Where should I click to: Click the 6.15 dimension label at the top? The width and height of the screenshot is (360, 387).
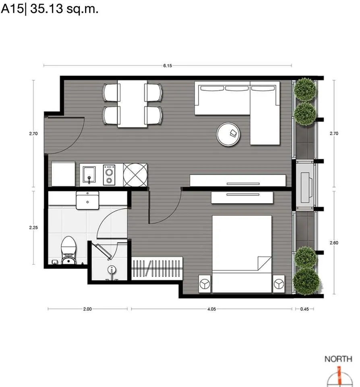point(168,66)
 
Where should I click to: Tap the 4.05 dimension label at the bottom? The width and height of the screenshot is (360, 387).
point(211,309)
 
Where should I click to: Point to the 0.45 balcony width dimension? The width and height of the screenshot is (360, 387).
point(304,309)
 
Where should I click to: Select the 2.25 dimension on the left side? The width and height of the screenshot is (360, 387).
point(33,227)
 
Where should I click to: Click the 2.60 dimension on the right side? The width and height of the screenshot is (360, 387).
point(334,243)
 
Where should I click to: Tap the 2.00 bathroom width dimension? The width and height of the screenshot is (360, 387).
point(87,309)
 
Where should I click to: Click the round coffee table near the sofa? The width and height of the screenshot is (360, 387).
point(228,134)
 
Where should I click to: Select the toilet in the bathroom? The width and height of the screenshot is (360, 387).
point(68,250)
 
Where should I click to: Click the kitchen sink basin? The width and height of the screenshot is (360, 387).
point(89,175)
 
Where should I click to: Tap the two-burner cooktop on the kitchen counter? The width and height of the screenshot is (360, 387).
point(109,175)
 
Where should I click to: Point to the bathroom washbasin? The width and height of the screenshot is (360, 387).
point(87,200)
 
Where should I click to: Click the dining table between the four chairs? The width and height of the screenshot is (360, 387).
point(132,104)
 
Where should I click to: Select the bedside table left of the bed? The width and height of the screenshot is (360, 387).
point(205,283)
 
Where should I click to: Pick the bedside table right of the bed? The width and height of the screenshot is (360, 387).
point(279,283)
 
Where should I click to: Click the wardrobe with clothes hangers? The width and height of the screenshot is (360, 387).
point(157,268)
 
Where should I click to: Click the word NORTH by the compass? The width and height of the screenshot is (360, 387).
point(338,359)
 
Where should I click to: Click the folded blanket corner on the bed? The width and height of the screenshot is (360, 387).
point(264,263)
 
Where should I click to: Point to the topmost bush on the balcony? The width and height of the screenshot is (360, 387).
point(305,89)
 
